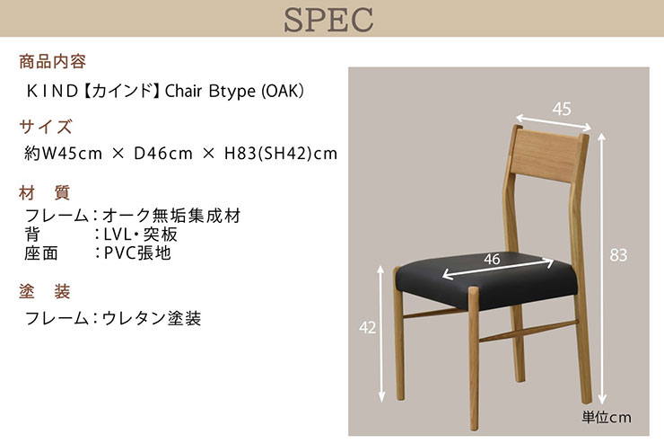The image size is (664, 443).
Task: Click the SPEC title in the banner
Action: pos(328,20)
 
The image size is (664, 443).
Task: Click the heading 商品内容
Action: pos(53,61)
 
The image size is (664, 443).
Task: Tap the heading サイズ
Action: pos(46,127)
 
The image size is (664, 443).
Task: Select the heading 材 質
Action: pos(45,193)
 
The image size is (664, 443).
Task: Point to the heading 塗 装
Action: pos(45,292)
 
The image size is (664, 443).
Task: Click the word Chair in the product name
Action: pos(183,91)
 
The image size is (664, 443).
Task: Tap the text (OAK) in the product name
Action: pos(283,91)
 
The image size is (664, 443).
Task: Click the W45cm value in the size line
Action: pos(70,153)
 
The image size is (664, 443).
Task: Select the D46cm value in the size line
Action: pos(163,153)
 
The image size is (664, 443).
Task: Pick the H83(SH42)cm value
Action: pos(281,153)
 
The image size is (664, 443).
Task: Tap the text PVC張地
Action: pos(137,253)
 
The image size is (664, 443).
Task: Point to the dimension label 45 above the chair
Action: pos(562,110)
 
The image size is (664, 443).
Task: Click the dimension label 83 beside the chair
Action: pos(618,255)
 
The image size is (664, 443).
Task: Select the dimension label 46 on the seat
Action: pos(492,259)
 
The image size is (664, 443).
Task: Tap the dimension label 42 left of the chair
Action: pos(367,327)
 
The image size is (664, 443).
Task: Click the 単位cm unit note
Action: pos(607,417)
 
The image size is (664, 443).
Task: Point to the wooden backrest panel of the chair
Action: pos(546,155)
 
